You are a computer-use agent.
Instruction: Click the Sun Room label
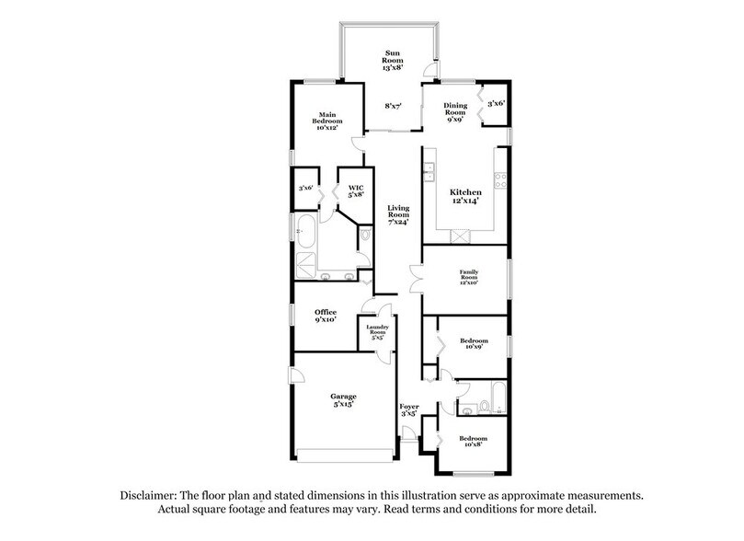tap(393, 60)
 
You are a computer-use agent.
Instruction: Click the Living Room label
tap(397, 214)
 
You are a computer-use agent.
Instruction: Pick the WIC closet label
tap(356, 190)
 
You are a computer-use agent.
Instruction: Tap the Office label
tap(326, 317)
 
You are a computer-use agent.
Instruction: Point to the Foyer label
tap(408, 410)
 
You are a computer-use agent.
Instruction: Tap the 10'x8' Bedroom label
tap(474, 441)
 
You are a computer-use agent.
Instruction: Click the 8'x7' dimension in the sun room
tap(393, 107)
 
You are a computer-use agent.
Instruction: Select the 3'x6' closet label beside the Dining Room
tap(496, 103)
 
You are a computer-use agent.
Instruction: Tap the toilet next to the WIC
tap(365, 236)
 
